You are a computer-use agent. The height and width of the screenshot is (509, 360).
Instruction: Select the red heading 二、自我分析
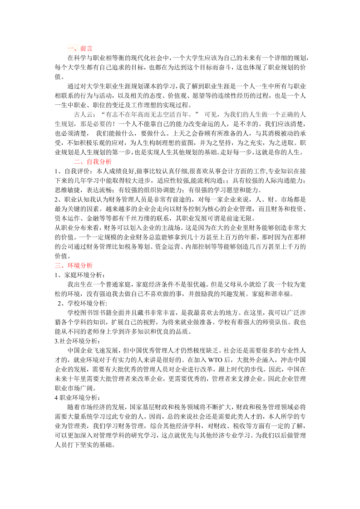click(93, 162)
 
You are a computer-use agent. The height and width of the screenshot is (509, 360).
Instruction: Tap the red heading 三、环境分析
click(74, 265)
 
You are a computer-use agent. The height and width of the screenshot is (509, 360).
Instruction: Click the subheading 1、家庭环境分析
click(79, 275)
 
